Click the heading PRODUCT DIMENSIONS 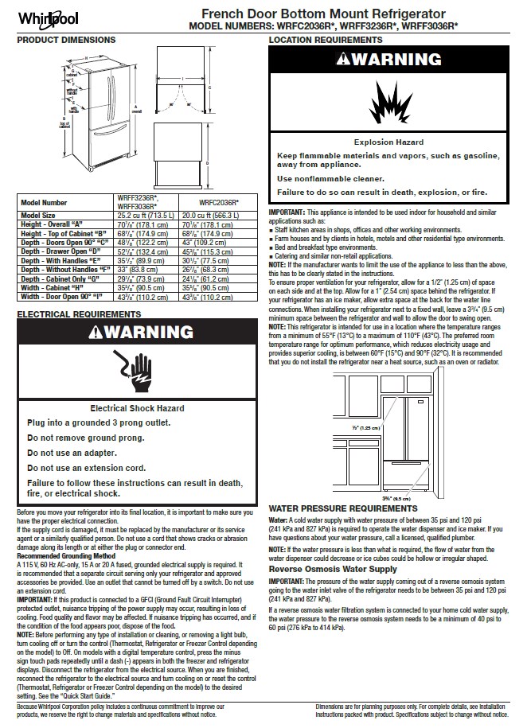pyautogui.click(x=66, y=40)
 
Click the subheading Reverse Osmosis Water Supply pyautogui.click(x=333, y=570)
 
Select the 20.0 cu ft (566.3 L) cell pyautogui.click(x=217, y=216)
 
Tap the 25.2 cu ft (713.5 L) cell pyautogui.click(x=150, y=216)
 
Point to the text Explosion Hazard pyautogui.click(x=388, y=142)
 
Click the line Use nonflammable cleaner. pyautogui.click(x=330, y=179)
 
